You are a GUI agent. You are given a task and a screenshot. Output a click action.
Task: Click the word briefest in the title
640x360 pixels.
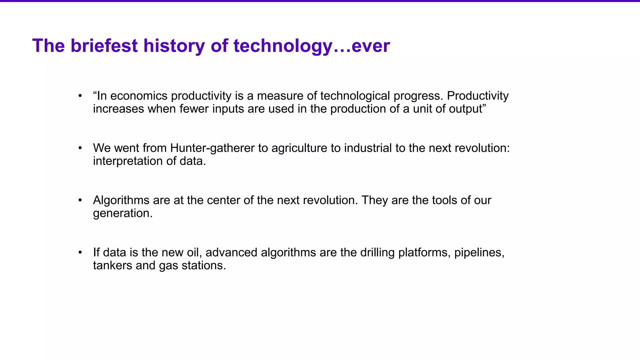coord(104,46)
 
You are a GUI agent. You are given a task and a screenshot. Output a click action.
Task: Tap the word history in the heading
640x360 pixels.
coord(174,46)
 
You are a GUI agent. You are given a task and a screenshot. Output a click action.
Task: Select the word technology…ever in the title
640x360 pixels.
coord(312,46)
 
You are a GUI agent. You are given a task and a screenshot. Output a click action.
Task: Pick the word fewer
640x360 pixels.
coord(194,109)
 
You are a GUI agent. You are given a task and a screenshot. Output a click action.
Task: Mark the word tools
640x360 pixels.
coord(446,200)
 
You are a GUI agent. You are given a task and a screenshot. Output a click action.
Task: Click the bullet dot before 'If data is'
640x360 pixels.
coord(80,252)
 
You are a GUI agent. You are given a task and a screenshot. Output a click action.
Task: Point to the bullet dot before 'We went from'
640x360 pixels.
coord(80,148)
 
